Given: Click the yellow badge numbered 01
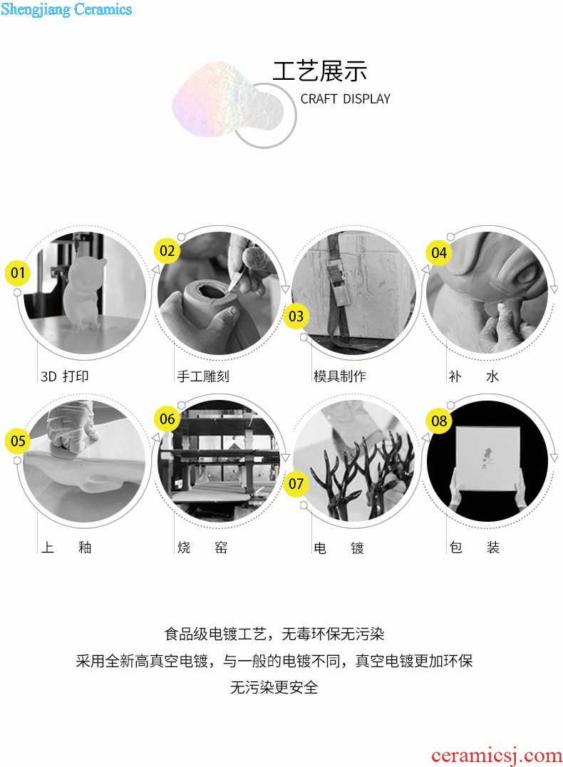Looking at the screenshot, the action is pyautogui.click(x=18, y=273).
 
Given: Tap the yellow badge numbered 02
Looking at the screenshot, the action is pyautogui.click(x=167, y=251).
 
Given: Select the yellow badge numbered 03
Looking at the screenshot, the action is pyautogui.click(x=296, y=316).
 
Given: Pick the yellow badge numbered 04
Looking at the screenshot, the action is pyautogui.click(x=439, y=253).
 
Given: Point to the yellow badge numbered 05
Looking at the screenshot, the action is pyautogui.click(x=18, y=441).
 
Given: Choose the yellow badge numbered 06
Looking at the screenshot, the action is pyautogui.click(x=167, y=418).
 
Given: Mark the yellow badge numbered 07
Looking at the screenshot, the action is pyautogui.click(x=296, y=484).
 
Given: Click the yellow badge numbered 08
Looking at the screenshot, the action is pyautogui.click(x=439, y=421).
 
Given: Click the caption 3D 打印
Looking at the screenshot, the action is pyautogui.click(x=65, y=376).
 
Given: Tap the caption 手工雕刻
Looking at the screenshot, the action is pyautogui.click(x=203, y=376).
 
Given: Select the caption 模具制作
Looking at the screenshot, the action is pyautogui.click(x=340, y=376).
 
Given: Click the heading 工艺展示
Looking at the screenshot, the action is pyautogui.click(x=320, y=71).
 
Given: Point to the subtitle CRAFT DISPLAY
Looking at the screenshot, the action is pyautogui.click(x=346, y=99).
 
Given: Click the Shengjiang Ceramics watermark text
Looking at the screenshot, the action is pyautogui.click(x=66, y=9).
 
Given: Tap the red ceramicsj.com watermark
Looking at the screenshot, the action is pyautogui.click(x=497, y=756).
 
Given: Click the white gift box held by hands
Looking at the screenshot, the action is pyautogui.click(x=487, y=457).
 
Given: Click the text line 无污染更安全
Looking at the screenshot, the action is pyautogui.click(x=274, y=687).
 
